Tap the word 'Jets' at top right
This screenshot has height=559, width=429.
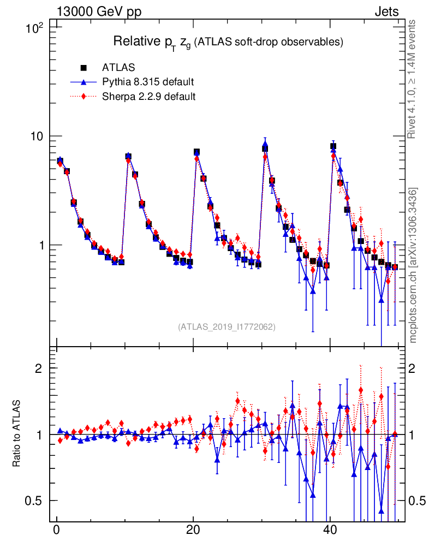(386, 12)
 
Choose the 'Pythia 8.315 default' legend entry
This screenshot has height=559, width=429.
(148, 82)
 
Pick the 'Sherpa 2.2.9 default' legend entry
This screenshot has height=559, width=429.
(148, 97)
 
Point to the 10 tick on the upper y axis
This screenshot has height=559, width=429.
(41, 136)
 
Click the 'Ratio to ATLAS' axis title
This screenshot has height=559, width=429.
(17, 434)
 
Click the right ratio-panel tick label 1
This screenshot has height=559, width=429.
(413, 435)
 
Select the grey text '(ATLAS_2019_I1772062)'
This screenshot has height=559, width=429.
(227, 327)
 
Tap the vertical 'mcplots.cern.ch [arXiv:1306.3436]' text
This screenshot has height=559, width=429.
(413, 265)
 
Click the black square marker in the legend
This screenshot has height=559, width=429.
(84, 68)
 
